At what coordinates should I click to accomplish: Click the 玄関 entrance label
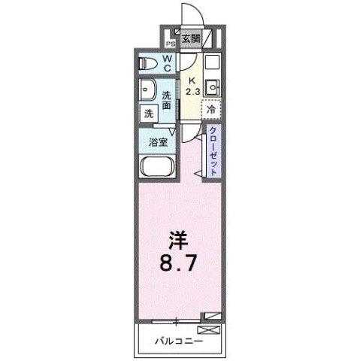tap(191, 38)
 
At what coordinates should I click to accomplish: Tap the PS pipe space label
tap(171, 44)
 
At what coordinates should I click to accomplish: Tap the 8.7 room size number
tap(179, 265)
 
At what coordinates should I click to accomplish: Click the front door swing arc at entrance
tap(192, 15)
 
